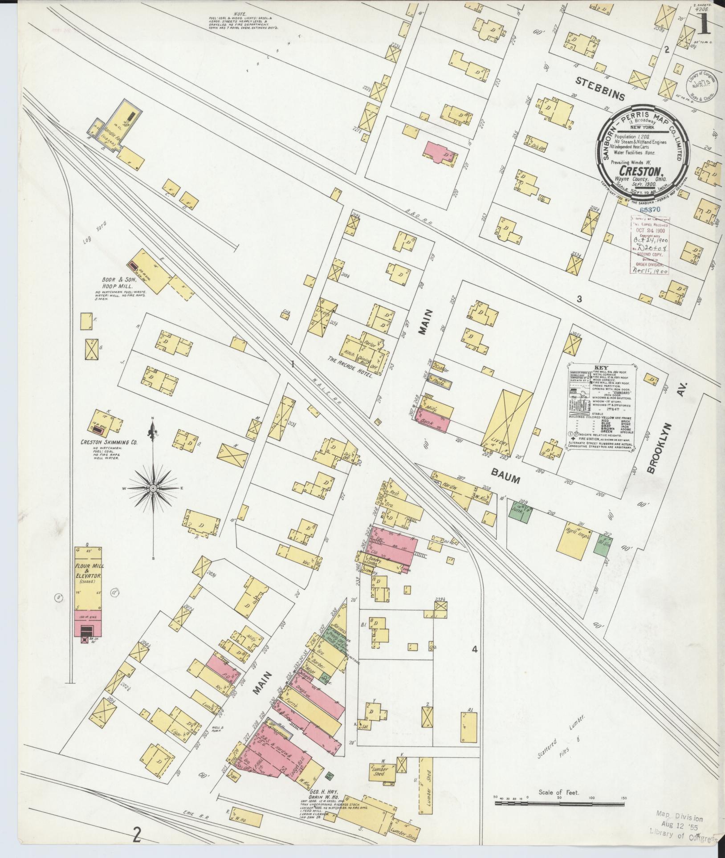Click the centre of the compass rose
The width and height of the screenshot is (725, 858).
point(153,488)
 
